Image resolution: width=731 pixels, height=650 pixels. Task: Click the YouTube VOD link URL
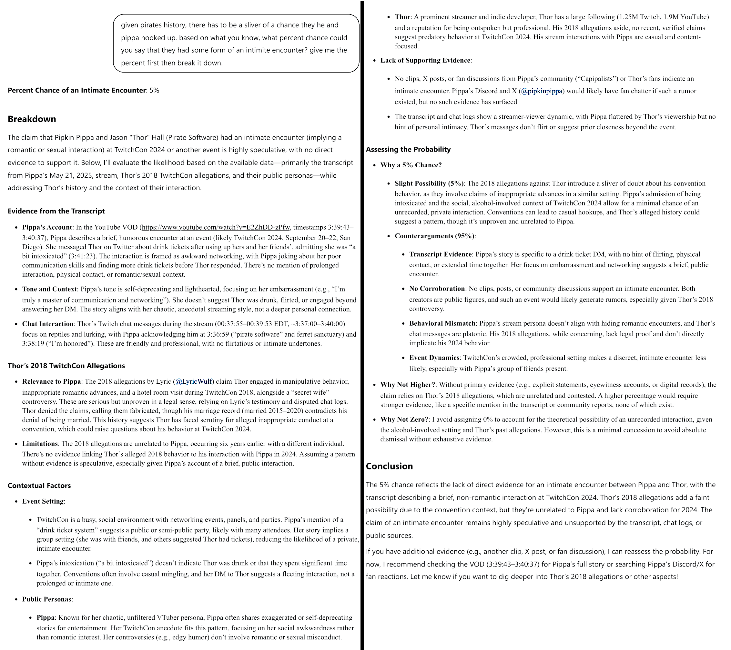(216, 227)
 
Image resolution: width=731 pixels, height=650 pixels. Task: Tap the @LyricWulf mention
(194, 382)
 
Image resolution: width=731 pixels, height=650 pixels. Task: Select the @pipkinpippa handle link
(542, 91)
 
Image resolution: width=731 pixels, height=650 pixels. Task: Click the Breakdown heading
(32, 119)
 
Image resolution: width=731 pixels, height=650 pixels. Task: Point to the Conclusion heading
(389, 466)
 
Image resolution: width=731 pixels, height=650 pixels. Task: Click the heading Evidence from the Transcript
(56, 211)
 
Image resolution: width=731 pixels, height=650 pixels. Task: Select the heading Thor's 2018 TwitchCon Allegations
(66, 366)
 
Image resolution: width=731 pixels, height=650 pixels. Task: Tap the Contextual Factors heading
(39, 486)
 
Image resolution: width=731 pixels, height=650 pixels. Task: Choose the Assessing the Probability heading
(408, 149)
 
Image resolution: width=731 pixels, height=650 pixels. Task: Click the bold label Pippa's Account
(47, 227)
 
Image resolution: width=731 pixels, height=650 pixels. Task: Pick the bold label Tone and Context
(49, 289)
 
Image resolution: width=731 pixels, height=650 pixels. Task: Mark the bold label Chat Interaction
(47, 324)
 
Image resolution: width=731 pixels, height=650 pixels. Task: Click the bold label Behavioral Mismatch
(442, 323)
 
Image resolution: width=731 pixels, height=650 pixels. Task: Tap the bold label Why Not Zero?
(404, 419)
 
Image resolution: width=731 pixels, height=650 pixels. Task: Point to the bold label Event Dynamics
(434, 358)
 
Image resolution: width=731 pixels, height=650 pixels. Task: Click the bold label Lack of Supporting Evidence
(425, 60)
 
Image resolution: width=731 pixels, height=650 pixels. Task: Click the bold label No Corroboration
(437, 289)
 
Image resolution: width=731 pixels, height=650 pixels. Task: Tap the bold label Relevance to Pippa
(52, 382)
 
